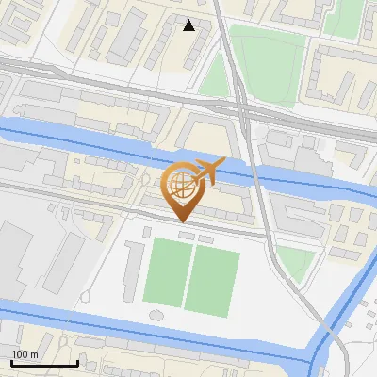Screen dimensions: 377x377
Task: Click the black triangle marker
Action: pyautogui.click(x=189, y=25)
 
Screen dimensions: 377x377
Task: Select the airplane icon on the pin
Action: pyautogui.click(x=208, y=172)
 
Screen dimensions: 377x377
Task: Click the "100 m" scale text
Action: pyautogui.click(x=25, y=353)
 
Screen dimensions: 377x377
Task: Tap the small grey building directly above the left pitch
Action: pyautogui.click(x=147, y=232)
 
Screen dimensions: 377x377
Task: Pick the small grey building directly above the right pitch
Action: pyautogui.click(x=199, y=235)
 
